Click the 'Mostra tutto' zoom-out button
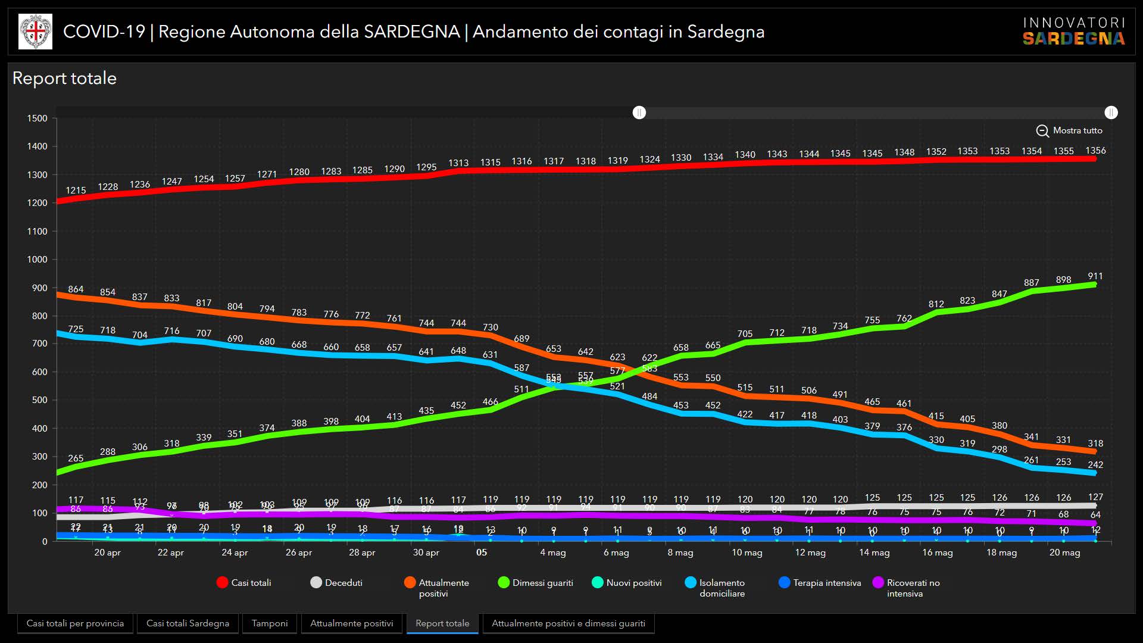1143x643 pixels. click(x=1069, y=130)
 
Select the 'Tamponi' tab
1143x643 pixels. click(x=269, y=623)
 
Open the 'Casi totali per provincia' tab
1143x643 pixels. click(x=75, y=623)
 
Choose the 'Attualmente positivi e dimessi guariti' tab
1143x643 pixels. click(x=568, y=623)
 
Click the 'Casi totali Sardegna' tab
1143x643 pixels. click(x=188, y=623)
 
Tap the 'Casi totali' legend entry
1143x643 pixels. click(x=244, y=583)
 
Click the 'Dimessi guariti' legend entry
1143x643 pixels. click(x=536, y=583)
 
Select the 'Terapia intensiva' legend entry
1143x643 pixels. click(x=820, y=583)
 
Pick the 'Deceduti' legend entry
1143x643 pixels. click(x=337, y=583)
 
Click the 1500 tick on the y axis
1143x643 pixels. click(x=37, y=118)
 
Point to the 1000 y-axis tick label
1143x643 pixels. click(x=37, y=260)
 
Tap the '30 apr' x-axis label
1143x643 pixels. click(x=426, y=553)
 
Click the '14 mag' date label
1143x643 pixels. click(x=874, y=553)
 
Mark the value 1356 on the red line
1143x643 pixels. click(x=1095, y=151)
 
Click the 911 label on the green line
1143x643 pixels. click(x=1095, y=276)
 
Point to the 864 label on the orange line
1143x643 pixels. click(x=76, y=289)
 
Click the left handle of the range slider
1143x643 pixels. click(x=639, y=113)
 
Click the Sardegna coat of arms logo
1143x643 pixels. click(x=36, y=32)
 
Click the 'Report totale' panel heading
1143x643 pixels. click(x=64, y=78)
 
